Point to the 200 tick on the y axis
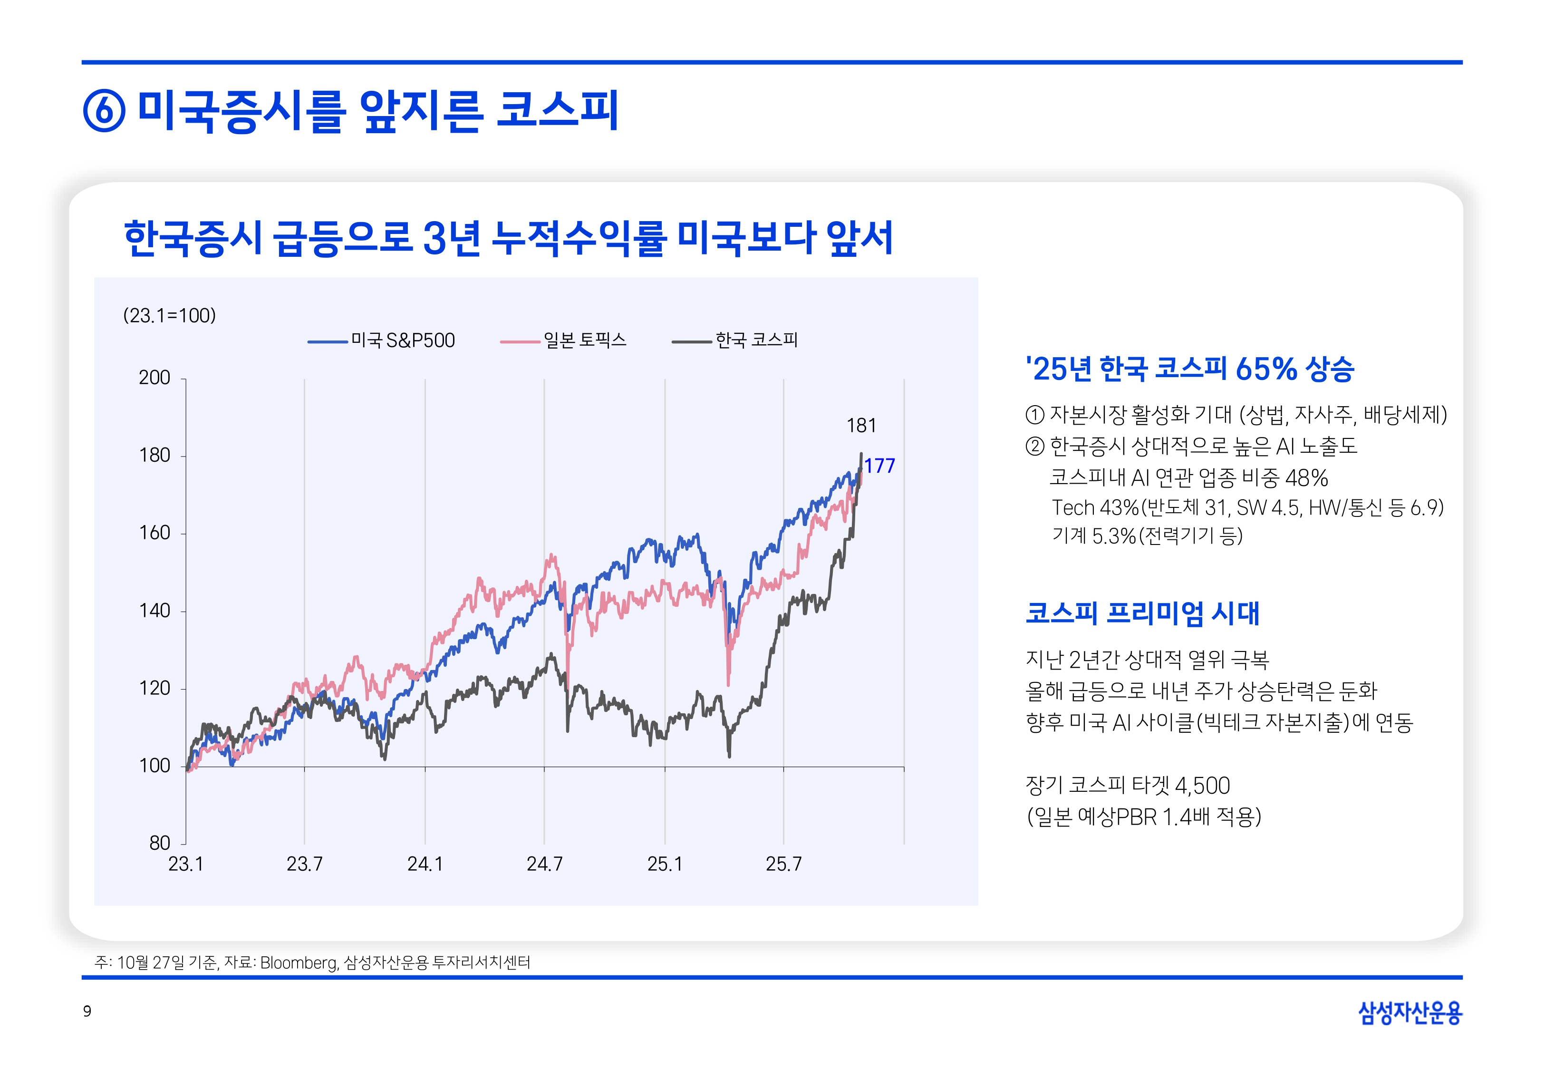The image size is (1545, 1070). click(155, 378)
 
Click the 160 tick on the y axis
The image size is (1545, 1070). click(155, 534)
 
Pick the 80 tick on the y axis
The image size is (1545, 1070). click(159, 843)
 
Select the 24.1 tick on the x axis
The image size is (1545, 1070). click(425, 864)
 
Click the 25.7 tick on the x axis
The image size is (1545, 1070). click(783, 864)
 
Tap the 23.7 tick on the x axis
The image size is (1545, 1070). click(304, 864)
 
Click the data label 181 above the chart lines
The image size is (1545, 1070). click(861, 426)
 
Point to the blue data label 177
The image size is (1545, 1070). click(879, 466)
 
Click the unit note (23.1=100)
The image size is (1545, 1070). click(170, 316)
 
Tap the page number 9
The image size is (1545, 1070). click(87, 1011)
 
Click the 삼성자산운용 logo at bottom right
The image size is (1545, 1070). click(1410, 1012)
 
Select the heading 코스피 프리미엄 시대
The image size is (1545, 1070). click(1142, 613)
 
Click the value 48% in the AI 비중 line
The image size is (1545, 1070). click(1306, 478)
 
